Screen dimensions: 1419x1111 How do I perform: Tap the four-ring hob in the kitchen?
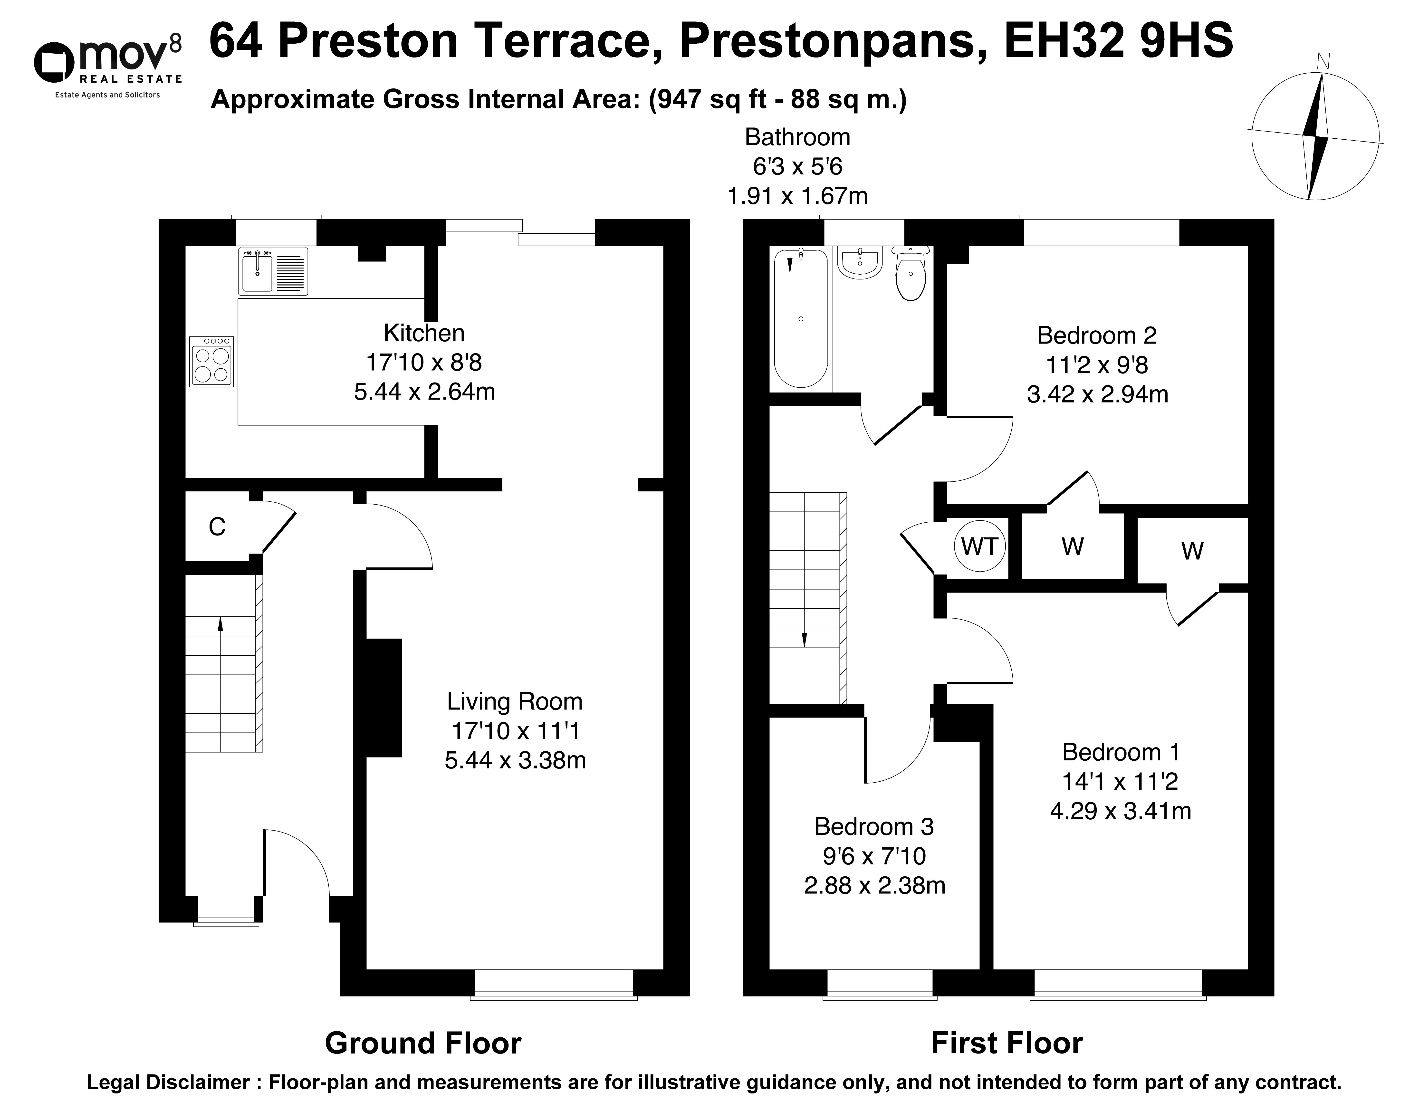coord(211,362)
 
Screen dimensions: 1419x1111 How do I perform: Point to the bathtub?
coord(801,319)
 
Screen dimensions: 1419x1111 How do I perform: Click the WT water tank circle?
coord(979,546)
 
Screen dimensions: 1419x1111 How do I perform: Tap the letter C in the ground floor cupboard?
coord(217,527)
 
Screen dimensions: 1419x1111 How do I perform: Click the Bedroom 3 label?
coord(874,827)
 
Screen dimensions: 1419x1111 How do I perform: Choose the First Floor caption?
coord(1007,1043)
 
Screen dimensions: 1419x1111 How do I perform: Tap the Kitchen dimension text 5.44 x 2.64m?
coord(425,392)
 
